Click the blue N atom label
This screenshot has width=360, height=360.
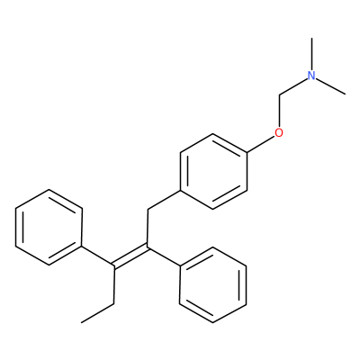click(x=312, y=76)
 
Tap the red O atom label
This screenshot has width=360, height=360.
click(x=279, y=132)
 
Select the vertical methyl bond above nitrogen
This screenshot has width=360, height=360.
click(x=312, y=54)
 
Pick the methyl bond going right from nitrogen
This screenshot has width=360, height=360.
click(x=331, y=86)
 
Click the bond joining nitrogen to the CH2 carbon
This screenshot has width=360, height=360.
click(x=293, y=87)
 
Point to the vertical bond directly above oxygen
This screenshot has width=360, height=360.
click(x=279, y=112)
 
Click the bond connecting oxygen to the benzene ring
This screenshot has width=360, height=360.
click(x=261, y=145)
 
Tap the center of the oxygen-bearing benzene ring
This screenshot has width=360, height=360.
click(x=213, y=171)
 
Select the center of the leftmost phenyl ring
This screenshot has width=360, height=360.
click(x=49, y=227)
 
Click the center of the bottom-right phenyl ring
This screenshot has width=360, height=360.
click(x=213, y=284)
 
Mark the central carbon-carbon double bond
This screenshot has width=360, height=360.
click(x=130, y=256)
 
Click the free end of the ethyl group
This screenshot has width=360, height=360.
click(x=82, y=323)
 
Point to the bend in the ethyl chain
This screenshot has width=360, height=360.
click(x=114, y=303)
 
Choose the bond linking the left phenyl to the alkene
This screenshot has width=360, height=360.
click(x=98, y=256)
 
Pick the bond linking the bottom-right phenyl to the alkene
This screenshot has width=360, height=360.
click(x=164, y=256)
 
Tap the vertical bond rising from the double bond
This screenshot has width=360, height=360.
click(x=148, y=229)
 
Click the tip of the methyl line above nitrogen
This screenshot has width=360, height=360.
click(x=312, y=38)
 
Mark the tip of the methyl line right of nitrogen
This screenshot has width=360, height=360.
click(x=345, y=94)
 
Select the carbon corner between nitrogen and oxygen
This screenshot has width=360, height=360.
click(x=279, y=95)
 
